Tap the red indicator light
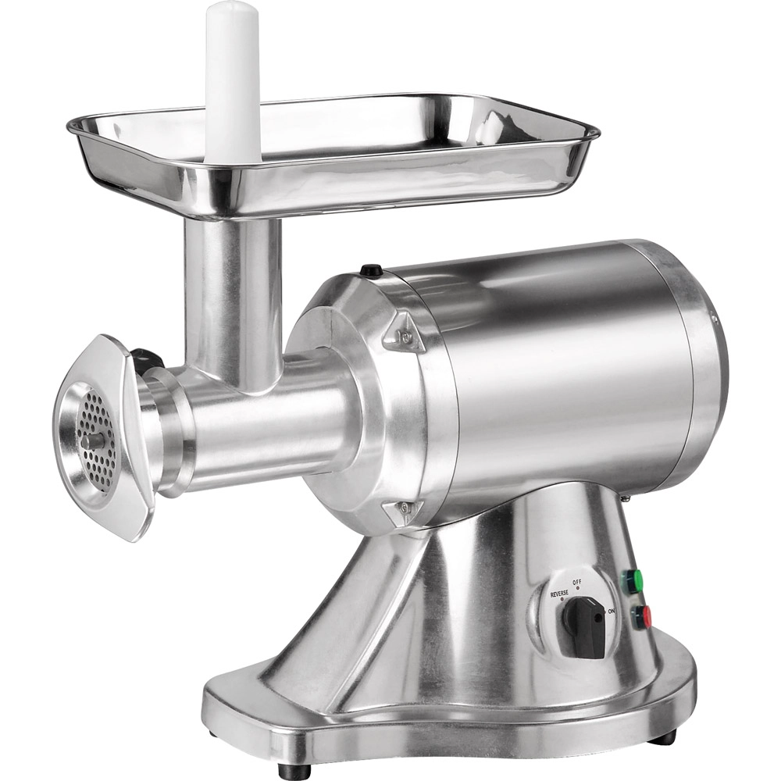(640, 616)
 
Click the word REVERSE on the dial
(558, 594)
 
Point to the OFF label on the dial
(577, 582)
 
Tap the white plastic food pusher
(232, 78)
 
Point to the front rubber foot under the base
(294, 770)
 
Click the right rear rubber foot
(664, 736)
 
